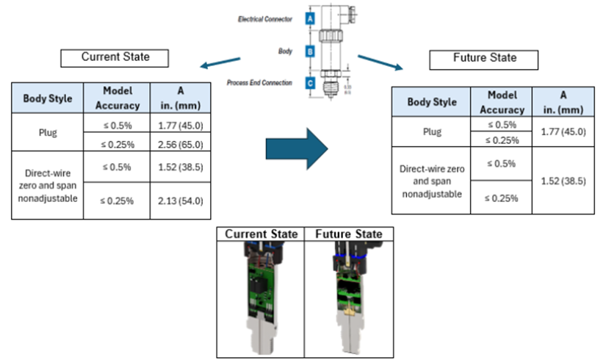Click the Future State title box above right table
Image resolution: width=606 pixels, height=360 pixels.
click(x=484, y=58)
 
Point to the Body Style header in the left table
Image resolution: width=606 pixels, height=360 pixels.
click(x=48, y=98)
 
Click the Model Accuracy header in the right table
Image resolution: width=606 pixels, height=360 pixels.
click(x=502, y=101)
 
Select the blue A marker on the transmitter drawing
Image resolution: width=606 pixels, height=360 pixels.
click(x=311, y=19)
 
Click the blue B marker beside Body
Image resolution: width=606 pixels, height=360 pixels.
click(x=311, y=52)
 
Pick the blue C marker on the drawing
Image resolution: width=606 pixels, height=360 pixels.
click(x=311, y=83)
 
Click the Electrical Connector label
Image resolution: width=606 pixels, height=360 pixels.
click(x=265, y=19)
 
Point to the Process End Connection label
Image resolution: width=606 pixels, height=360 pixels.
click(x=260, y=83)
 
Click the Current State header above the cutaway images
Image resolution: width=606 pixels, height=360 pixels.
click(x=261, y=234)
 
